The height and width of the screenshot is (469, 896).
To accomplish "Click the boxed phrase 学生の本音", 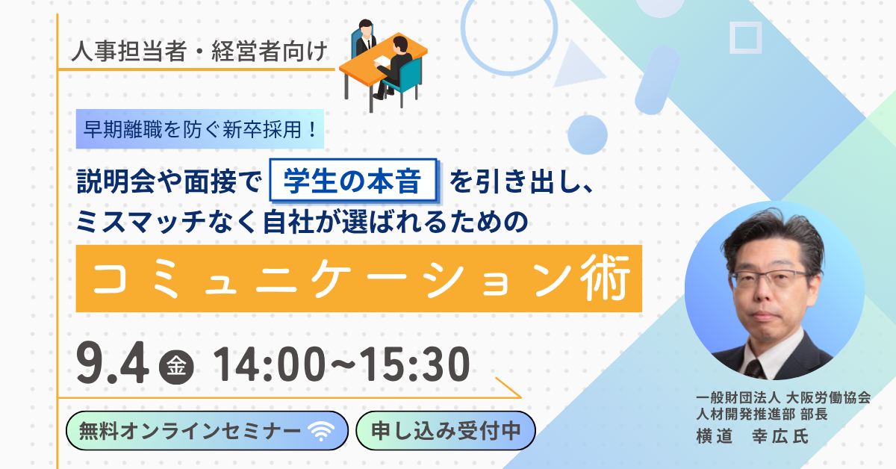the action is (x=352, y=181).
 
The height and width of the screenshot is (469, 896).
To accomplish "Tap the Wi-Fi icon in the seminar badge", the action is (x=321, y=432).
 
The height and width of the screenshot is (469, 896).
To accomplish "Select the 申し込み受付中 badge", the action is (x=446, y=431).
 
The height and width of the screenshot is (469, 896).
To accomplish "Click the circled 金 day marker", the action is (x=176, y=367).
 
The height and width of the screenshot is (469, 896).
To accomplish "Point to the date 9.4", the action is (x=113, y=363).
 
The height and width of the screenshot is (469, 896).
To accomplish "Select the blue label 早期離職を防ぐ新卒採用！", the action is (x=200, y=129).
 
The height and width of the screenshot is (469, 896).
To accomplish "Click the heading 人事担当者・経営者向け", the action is (x=199, y=52).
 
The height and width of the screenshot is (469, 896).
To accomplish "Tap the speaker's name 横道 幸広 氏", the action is (x=752, y=436).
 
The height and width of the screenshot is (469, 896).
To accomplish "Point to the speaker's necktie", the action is (x=755, y=369).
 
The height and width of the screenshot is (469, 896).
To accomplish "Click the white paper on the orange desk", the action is (x=382, y=60).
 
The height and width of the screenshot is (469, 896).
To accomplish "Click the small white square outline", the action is (x=746, y=37).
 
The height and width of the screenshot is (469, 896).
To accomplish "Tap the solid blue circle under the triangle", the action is (x=588, y=135).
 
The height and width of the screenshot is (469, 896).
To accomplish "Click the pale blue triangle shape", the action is (x=577, y=66).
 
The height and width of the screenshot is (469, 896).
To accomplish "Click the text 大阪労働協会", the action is (x=828, y=398).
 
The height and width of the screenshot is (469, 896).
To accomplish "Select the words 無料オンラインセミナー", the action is (x=190, y=431).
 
